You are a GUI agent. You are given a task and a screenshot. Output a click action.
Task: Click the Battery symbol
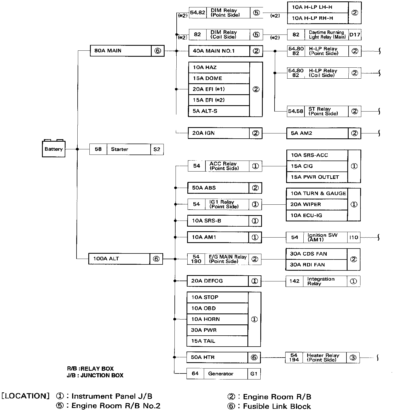tap(53, 149)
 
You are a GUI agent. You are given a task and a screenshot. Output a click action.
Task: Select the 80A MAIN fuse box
tap(121, 51)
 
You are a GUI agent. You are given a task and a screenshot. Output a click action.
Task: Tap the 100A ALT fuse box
tap(119, 259)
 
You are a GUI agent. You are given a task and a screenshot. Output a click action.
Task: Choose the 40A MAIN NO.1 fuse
tap(219, 51)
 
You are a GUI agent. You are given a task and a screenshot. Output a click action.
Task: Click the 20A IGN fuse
tap(218, 133)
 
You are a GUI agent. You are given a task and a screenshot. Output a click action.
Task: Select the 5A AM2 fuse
tap(317, 133)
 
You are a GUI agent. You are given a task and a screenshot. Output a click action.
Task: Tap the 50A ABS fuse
tap(218, 188)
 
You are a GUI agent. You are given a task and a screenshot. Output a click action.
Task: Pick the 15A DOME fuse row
tap(219, 78)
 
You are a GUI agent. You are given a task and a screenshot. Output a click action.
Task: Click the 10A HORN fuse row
tap(217, 319)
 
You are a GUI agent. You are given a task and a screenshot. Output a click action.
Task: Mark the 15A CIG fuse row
tap(317, 166)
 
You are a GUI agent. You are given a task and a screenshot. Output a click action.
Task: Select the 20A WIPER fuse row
tap(317, 204)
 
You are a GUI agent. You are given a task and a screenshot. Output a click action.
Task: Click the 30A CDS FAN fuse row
tap(316, 254)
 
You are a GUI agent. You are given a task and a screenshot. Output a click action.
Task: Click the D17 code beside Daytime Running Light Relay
tap(355, 35)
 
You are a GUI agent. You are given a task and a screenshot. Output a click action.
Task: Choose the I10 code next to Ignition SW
tap(354, 237)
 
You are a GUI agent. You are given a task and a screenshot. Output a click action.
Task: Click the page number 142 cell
tap(294, 281)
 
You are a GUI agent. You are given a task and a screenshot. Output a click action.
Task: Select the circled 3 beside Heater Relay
tap(353, 358)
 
